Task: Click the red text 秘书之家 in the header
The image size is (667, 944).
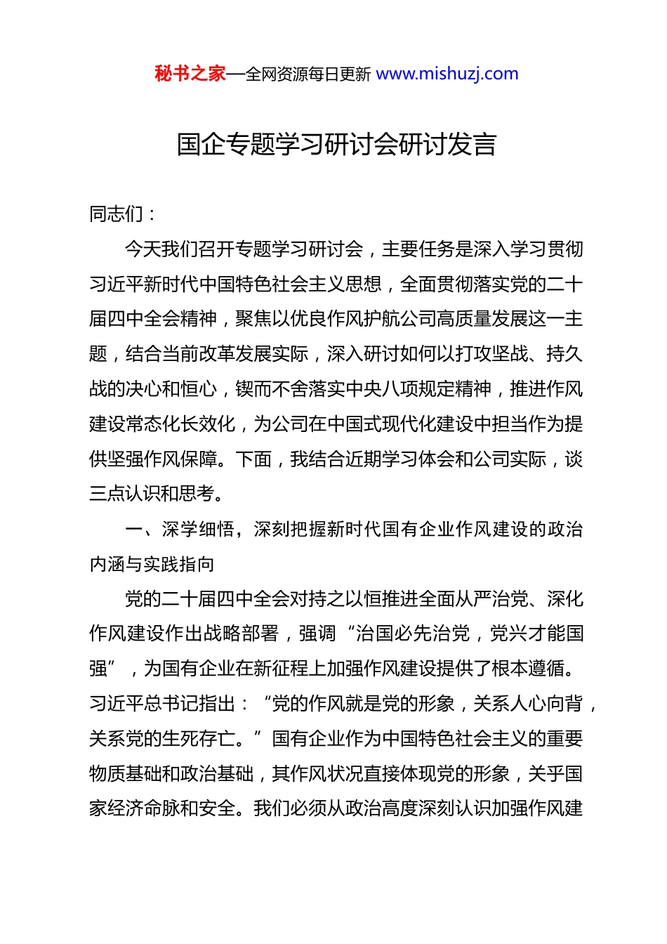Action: [190, 74]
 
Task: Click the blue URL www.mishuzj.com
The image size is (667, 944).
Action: [447, 74]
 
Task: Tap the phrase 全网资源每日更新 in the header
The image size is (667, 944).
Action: [308, 74]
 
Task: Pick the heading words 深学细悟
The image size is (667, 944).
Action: [198, 529]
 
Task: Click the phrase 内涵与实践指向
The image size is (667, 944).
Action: [152, 564]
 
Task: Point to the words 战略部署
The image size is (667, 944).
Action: [242, 634]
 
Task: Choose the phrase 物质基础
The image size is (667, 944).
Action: [125, 774]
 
